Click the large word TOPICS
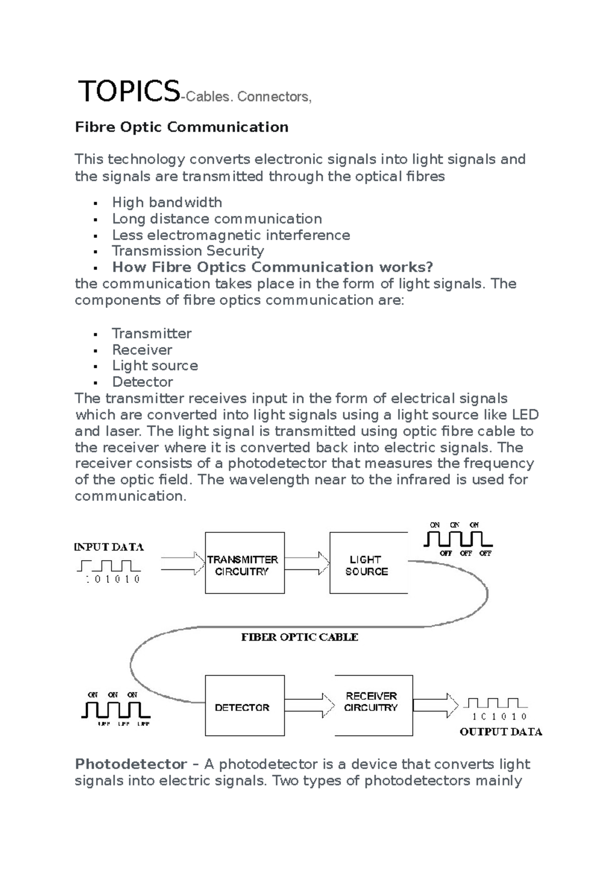(128, 92)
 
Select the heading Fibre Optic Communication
(182, 127)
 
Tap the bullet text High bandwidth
(167, 202)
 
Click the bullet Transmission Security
(188, 251)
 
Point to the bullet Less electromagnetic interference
(231, 235)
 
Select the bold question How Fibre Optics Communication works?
(273, 267)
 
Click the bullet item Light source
(155, 366)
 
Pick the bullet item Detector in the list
(142, 382)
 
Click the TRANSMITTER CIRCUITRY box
(244, 563)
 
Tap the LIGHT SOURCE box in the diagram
(368, 563)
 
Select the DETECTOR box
(244, 706)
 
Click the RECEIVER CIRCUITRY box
(373, 705)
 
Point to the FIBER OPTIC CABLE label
(300, 637)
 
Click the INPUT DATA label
(109, 547)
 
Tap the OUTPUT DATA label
(500, 732)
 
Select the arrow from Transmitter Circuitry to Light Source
(307, 563)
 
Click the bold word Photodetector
(130, 764)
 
